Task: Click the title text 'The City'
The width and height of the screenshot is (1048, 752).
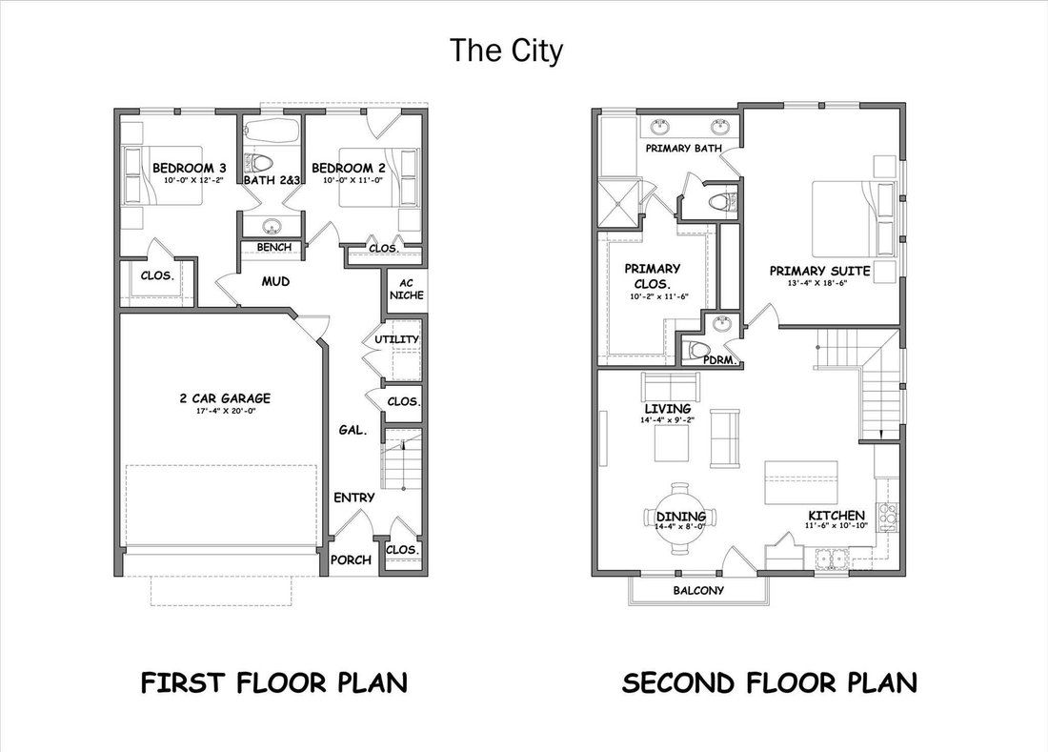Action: [506, 51]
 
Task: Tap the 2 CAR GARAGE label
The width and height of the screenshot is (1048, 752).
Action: [225, 398]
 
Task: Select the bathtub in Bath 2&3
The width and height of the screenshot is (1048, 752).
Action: [270, 131]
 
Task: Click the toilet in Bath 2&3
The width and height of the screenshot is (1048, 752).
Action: [259, 162]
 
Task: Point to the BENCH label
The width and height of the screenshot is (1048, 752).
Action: [274, 247]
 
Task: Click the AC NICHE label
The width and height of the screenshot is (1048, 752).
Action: [407, 289]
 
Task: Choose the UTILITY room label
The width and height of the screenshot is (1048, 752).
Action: [396, 339]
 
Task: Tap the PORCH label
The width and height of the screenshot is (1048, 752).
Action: [351, 559]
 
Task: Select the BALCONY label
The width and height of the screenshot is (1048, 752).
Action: [698, 590]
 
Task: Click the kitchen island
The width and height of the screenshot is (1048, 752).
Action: [801, 482]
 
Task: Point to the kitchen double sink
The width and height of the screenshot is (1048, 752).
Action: [832, 558]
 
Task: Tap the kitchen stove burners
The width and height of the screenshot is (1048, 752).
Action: [888, 516]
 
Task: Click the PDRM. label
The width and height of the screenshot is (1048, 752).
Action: [719, 360]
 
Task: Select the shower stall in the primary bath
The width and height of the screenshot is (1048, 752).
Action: [618, 203]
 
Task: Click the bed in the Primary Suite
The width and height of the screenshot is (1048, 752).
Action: [854, 218]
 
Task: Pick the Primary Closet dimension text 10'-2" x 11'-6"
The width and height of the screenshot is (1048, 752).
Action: [658, 296]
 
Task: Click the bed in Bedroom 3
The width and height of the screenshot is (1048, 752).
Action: [162, 175]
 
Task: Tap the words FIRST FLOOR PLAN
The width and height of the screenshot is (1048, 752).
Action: [274, 682]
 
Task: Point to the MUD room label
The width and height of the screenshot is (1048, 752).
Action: [275, 281]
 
